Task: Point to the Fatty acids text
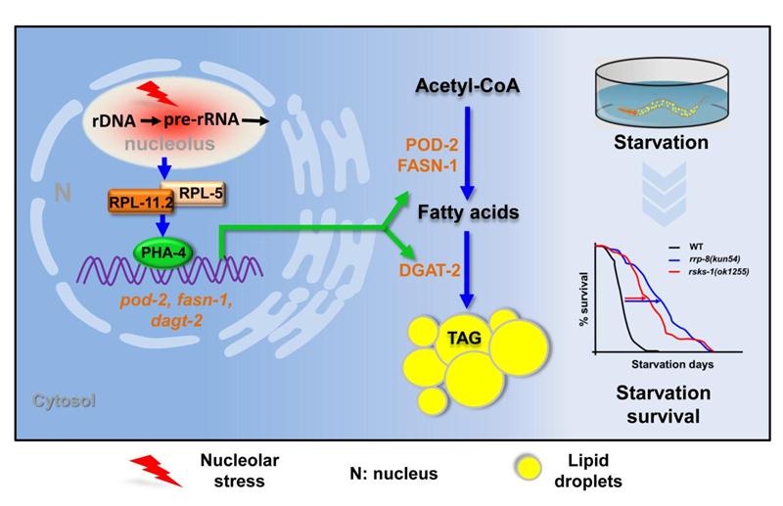[469, 210]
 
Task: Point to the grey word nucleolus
[170, 144]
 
